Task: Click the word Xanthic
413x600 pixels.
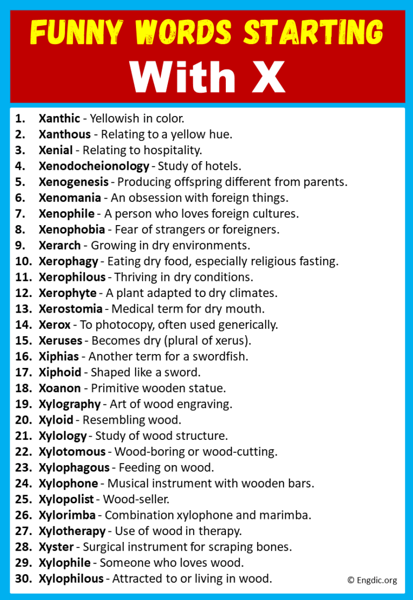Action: [59, 118]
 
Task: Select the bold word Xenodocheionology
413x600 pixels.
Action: [94, 165]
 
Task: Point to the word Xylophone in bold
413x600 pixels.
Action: [68, 483]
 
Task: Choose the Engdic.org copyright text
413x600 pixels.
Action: [372, 580]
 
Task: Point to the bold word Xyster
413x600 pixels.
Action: [54, 547]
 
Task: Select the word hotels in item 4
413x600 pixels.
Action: [225, 165]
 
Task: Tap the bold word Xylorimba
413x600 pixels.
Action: [67, 515]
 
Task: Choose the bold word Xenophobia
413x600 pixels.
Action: [72, 229]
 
